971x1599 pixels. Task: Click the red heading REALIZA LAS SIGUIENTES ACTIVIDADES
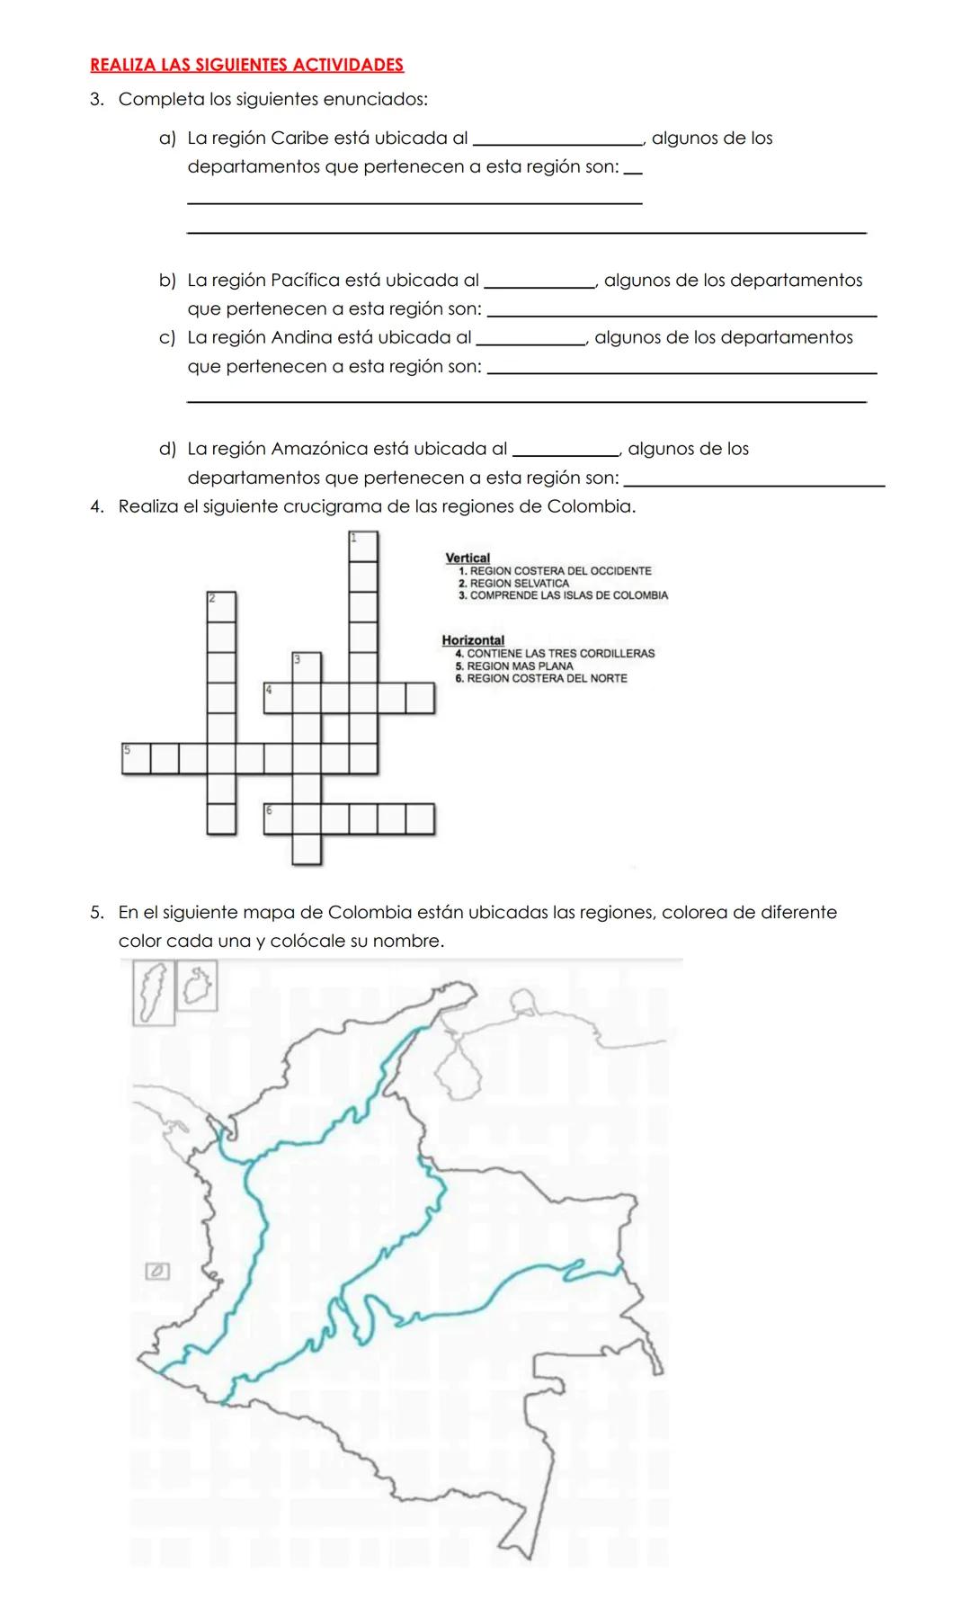click(246, 65)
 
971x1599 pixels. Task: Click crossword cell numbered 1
click(363, 546)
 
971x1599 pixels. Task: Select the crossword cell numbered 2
click(221, 606)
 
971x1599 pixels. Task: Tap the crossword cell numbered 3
click(307, 667)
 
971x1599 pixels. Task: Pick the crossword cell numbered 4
click(278, 698)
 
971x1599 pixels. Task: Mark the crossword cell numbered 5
click(136, 758)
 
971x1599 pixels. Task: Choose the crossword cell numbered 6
click(278, 819)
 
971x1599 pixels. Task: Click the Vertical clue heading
click(468, 558)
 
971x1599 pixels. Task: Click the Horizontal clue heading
click(473, 640)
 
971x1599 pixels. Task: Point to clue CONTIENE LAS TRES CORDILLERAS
click(560, 653)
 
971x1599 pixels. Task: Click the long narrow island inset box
click(153, 992)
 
